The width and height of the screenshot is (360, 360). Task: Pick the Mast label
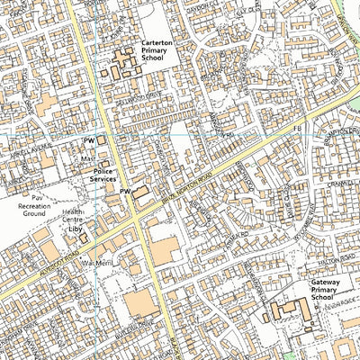pos(88,159)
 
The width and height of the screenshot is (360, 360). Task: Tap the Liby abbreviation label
pos(75,229)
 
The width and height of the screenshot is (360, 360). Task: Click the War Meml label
pos(95,262)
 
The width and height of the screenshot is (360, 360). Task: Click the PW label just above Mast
pos(89,140)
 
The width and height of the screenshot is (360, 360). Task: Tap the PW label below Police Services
pos(125,192)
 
